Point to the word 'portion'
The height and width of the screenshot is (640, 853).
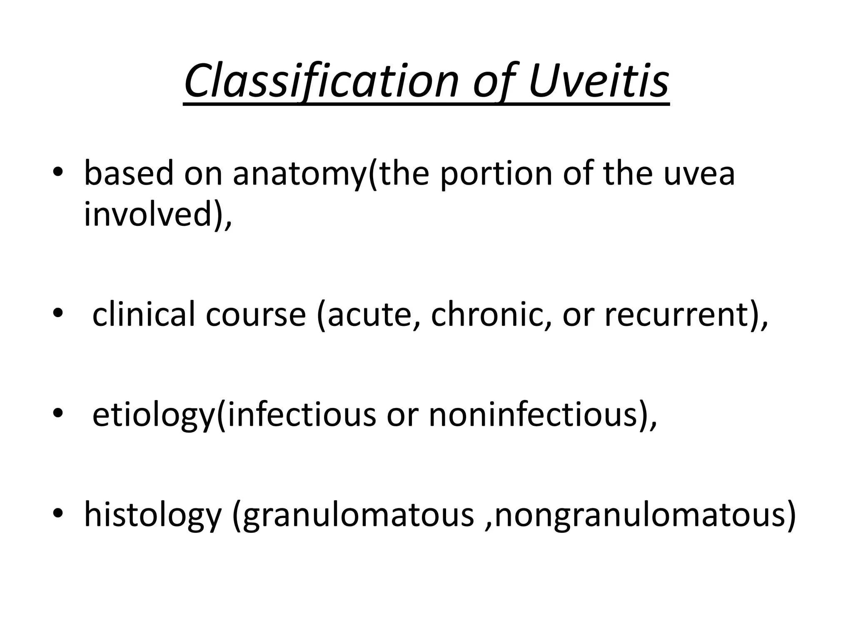pos(496,173)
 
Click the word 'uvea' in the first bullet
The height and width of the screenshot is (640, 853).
pos(699,173)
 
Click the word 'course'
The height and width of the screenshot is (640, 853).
pos(256,314)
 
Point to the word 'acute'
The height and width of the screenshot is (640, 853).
pos(371,314)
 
